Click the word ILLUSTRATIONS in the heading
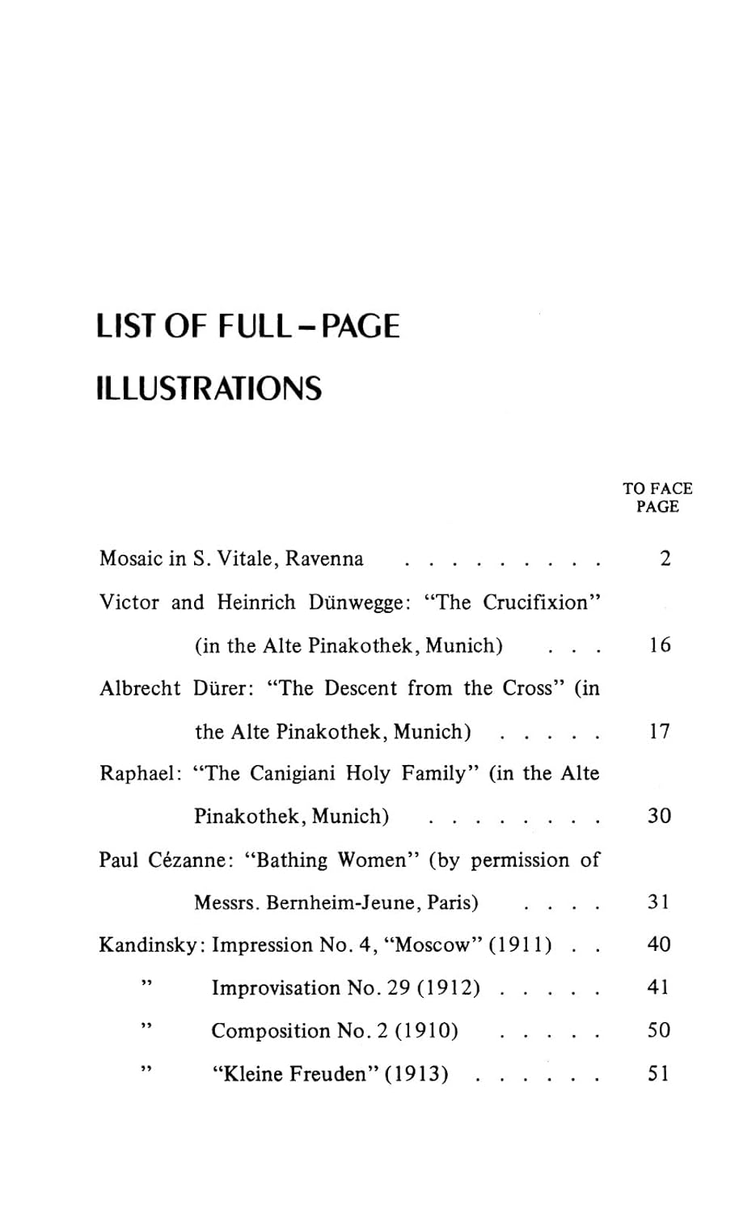tap(209, 389)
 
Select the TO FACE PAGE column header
tap(657, 497)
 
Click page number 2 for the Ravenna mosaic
tap(665, 559)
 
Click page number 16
tap(660, 645)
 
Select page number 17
tap(660, 732)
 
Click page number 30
tap(660, 817)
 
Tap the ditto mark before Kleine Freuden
tap(146, 1069)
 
